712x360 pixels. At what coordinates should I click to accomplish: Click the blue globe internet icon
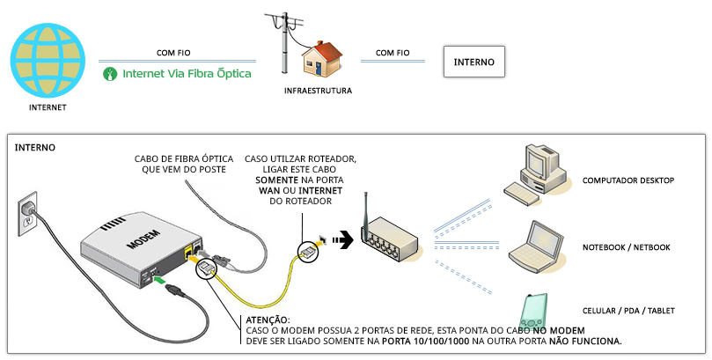coord(48,61)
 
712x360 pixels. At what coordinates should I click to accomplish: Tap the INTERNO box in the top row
coord(474,62)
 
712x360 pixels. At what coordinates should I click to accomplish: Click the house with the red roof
coord(322,59)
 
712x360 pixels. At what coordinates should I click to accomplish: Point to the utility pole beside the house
coord(284,42)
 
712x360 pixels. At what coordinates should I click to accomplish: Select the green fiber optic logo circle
coord(110,74)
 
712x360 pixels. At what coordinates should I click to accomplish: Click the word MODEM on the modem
coord(143,239)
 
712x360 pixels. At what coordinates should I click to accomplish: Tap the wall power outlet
coord(26,214)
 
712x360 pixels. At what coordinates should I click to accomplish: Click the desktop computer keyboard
coord(522,194)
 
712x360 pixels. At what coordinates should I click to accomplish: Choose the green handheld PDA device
coord(534,312)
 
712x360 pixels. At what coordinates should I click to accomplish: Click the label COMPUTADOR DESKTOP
coord(628,180)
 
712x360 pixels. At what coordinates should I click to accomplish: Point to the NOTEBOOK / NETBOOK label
coord(626,247)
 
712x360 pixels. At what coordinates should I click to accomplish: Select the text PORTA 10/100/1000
coord(425,341)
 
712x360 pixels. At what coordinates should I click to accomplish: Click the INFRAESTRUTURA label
coord(318,91)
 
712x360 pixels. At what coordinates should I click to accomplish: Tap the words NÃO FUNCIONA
coord(585,341)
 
